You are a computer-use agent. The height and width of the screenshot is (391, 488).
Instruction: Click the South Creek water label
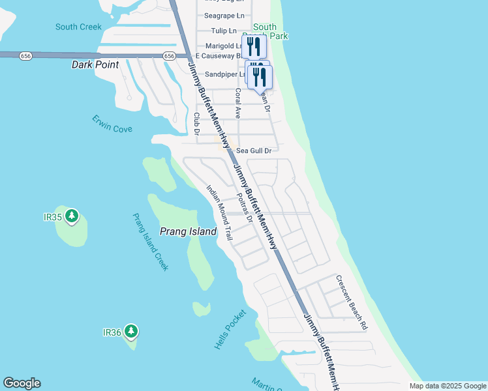[78, 27]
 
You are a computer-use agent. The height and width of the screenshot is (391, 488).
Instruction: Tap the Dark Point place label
[95, 65]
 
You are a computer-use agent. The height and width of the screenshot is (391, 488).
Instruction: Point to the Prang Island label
[189, 231]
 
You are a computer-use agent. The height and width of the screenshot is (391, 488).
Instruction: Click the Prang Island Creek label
[151, 242]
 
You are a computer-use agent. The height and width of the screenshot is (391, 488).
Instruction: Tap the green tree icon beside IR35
[72, 216]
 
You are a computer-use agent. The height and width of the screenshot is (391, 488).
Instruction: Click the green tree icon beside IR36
[131, 332]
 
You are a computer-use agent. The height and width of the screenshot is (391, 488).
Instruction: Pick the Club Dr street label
[196, 124]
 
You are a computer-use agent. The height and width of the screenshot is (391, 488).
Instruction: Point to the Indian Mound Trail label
[219, 212]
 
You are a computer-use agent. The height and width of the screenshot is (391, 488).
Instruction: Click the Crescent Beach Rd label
[352, 301]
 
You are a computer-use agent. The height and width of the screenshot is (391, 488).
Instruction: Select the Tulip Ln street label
[224, 31]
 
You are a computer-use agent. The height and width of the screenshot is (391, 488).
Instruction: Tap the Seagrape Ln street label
[224, 15]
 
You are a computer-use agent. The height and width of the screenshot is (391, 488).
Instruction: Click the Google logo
[22, 383]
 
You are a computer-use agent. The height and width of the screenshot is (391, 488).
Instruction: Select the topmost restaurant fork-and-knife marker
[254, 46]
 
